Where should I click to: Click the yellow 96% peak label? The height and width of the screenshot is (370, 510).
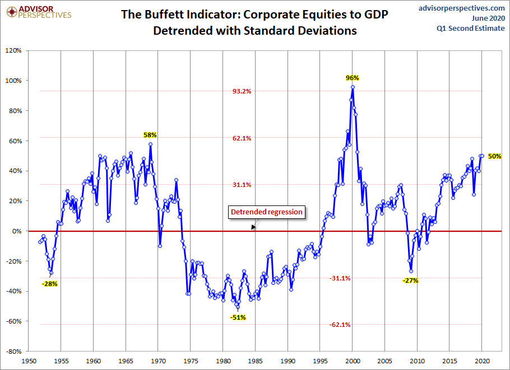click(352, 78)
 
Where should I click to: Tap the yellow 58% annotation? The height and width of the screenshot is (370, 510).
click(150, 135)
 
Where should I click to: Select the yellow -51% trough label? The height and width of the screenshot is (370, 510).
click(238, 317)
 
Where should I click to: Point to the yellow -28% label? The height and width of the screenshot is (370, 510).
click(49, 284)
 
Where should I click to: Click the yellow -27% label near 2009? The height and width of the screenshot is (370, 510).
click(411, 280)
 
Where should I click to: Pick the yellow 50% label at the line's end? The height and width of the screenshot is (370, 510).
click(494, 156)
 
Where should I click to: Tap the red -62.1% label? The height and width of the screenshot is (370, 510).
click(340, 325)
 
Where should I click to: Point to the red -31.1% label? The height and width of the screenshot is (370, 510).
click(340, 278)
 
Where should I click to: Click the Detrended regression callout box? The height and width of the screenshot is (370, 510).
click(267, 212)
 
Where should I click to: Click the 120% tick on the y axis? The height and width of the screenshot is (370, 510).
click(13, 50)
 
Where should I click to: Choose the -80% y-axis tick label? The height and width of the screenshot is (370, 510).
click(13, 352)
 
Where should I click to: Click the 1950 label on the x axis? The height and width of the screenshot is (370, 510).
click(29, 362)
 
